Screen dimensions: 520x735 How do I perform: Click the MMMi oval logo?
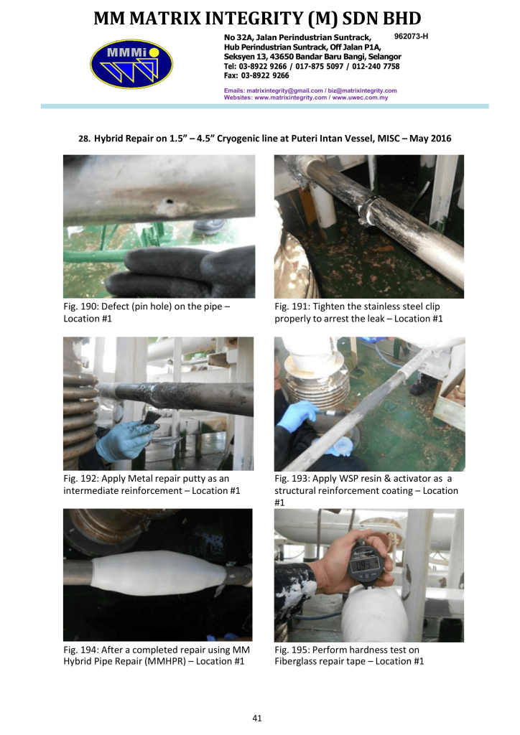coord(131,64)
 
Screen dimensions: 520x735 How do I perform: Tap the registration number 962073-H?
coord(412,37)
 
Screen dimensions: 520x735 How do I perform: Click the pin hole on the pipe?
coord(168,202)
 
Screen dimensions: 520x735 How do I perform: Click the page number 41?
coord(257,718)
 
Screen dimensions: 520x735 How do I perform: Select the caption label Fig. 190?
coord(80,306)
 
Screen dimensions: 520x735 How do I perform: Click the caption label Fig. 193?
coord(292,479)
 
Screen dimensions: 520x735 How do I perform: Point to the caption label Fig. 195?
coord(292,650)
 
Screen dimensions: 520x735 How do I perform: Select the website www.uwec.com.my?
coord(360,98)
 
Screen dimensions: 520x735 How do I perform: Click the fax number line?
coord(256,75)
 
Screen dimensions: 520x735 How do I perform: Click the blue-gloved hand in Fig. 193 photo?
coord(298,416)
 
